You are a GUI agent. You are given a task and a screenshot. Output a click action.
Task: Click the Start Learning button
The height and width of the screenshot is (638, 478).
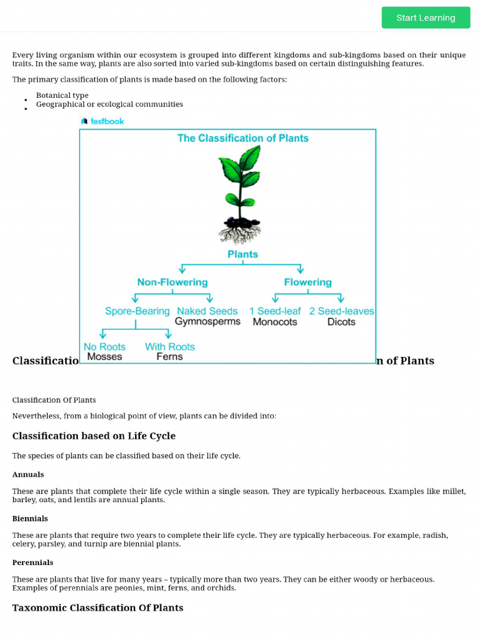coord(426,17)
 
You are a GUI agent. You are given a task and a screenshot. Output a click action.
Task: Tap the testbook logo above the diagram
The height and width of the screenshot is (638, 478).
coord(103,121)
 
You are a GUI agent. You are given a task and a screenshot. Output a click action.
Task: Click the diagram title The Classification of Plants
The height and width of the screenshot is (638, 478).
coord(243,138)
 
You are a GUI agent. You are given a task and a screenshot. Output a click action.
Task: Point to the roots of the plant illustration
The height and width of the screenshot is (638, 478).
coord(240,234)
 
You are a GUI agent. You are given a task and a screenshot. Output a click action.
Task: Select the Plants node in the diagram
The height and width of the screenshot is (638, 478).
coord(243,254)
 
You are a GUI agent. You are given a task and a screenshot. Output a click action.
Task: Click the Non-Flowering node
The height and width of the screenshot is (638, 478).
coord(172,282)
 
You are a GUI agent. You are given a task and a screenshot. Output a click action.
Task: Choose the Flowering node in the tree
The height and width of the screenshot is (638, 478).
coord(307,282)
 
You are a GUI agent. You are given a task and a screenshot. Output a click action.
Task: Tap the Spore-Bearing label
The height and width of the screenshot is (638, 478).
coord(137,311)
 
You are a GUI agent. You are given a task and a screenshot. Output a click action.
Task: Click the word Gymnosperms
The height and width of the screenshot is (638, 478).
coord(207,322)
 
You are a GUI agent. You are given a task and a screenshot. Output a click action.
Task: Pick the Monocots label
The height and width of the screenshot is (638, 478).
coord(274,322)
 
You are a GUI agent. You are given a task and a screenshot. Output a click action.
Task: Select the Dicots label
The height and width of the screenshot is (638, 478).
coord(341,322)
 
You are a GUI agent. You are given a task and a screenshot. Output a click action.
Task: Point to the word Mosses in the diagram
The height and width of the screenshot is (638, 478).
coord(105,357)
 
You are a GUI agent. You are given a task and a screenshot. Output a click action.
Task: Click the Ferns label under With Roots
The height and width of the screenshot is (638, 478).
coord(169,357)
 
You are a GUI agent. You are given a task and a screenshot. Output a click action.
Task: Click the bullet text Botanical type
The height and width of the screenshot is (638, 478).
coord(62,95)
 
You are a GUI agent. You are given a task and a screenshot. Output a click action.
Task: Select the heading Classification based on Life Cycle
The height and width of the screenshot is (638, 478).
coord(94,436)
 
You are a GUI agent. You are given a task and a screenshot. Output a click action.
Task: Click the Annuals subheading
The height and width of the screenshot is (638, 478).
coord(28,475)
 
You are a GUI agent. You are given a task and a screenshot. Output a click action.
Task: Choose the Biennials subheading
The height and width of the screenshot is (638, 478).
coord(30,518)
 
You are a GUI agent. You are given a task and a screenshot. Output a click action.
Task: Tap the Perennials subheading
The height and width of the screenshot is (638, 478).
coord(32,563)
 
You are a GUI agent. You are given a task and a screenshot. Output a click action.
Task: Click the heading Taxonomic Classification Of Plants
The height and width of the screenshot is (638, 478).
coord(98,607)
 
